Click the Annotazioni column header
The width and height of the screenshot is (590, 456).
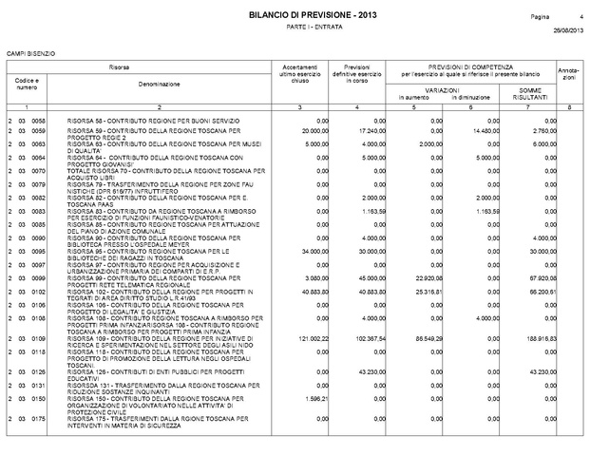(570, 74)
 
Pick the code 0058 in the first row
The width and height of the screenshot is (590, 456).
(39, 122)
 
